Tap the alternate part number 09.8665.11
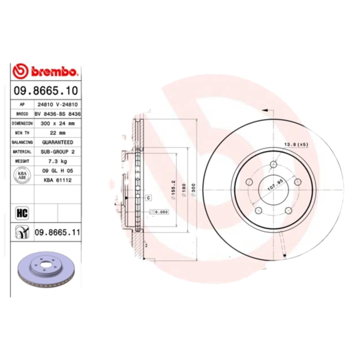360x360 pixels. pyautogui.click(x=57, y=232)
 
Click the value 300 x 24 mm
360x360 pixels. pyautogui.click(x=58, y=123)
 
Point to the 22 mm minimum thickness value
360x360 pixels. pyautogui.click(x=58, y=133)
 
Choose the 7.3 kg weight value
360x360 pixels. pyautogui.click(x=58, y=161)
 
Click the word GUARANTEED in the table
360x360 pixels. pyautogui.click(x=58, y=142)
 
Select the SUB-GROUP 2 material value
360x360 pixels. pyautogui.click(x=58, y=152)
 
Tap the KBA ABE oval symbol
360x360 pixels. pyautogui.click(x=22, y=175)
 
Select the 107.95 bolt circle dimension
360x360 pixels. pyautogui.click(x=275, y=184)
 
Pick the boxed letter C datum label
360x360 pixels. pyautogui.click(x=147, y=198)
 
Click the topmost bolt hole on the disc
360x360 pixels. pyautogui.click(x=273, y=165)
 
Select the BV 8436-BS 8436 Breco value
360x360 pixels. pyautogui.click(x=58, y=114)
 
